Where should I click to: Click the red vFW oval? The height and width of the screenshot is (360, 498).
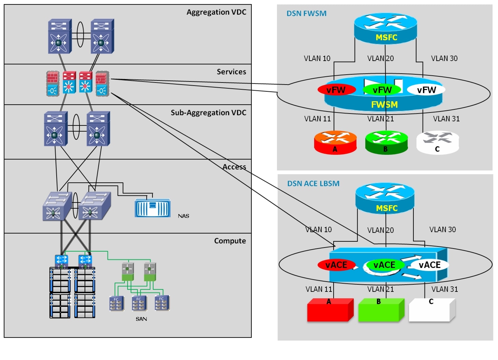pos(336,90)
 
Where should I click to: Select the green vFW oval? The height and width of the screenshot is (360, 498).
pos(382,90)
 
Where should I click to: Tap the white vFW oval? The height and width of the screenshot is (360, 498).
pos(426,90)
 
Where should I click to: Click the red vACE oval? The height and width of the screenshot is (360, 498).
pos(336,265)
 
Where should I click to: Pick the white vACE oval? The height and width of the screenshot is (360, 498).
pos(429,265)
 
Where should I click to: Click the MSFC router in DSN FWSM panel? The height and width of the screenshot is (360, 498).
pos(385,28)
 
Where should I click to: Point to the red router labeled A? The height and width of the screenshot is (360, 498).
pos(335,142)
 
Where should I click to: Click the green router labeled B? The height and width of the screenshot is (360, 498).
pos(386,142)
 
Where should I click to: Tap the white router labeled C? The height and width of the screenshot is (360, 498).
pos(438,142)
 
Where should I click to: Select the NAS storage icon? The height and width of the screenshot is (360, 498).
pos(152,208)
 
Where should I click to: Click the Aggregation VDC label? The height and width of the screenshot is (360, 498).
pos(216,12)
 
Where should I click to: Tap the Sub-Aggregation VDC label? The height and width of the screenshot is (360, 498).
pos(208,113)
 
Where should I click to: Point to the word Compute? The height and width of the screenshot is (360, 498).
pos(230,241)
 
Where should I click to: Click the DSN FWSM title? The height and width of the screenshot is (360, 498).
pos(306,14)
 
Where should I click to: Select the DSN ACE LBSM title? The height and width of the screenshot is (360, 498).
pos(313,184)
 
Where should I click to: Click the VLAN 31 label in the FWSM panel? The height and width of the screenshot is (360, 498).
pos(446,119)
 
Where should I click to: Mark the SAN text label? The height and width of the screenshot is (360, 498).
pos(141,319)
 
